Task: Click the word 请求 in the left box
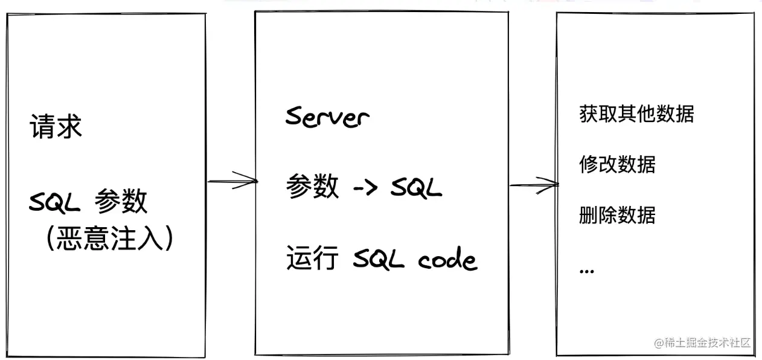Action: [x=56, y=128]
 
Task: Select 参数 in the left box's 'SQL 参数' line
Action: [x=121, y=202]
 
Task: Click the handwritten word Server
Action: [x=327, y=117]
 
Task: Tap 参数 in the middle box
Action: [x=312, y=187]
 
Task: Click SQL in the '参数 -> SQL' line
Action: [x=416, y=188]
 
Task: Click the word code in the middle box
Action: [x=447, y=260]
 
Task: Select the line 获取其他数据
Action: [x=636, y=114]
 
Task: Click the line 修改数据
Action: [x=617, y=164]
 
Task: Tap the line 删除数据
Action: [x=617, y=215]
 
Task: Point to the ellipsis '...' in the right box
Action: [x=586, y=271]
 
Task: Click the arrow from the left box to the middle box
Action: [x=232, y=181]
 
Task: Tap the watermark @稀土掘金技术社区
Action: [x=702, y=342]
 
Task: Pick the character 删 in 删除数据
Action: [x=588, y=215]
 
